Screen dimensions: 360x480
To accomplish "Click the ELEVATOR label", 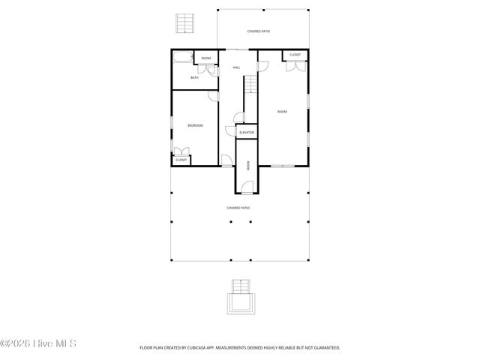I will tap(246, 133).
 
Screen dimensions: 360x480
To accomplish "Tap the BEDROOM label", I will tap(195, 125).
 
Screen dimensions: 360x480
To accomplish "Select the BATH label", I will tap(194, 78).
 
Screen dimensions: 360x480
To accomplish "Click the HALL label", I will tap(236, 67).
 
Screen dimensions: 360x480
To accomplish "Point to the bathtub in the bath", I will tap(182, 58).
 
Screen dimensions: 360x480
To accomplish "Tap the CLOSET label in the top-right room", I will tap(295, 55).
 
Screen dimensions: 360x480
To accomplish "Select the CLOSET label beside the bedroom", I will tap(181, 160).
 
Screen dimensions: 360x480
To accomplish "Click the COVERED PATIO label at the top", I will tap(259, 31).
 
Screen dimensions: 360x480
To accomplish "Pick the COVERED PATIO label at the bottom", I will tap(238, 208).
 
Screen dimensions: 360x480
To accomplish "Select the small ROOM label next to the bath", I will tap(205, 58).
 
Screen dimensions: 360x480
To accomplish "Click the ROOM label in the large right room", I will tap(282, 112).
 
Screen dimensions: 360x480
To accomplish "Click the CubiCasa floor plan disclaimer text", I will tap(239, 348).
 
